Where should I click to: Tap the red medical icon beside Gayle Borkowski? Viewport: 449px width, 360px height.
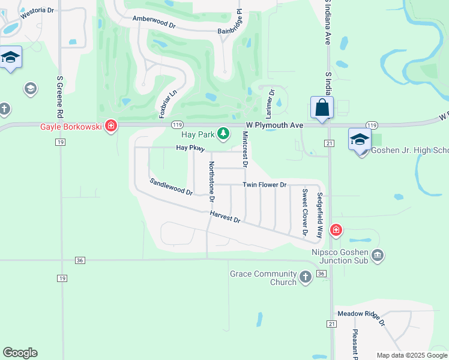pos(110,126)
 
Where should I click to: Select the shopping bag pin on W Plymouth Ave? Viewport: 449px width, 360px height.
pos(322,109)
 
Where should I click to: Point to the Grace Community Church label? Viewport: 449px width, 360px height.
pos(263,278)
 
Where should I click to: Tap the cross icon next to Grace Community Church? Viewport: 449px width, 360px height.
pos(306,277)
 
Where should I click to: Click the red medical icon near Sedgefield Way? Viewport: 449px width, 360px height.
pos(336,230)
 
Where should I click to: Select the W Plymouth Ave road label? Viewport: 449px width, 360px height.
pos(275,125)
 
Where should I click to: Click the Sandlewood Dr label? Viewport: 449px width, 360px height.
pos(171,187)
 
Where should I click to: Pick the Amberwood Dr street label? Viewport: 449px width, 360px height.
pos(154,22)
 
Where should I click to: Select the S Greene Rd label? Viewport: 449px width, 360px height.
pos(60,96)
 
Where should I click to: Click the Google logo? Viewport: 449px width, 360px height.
pos(20,353)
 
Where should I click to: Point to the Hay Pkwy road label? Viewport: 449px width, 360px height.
pos(191,148)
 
